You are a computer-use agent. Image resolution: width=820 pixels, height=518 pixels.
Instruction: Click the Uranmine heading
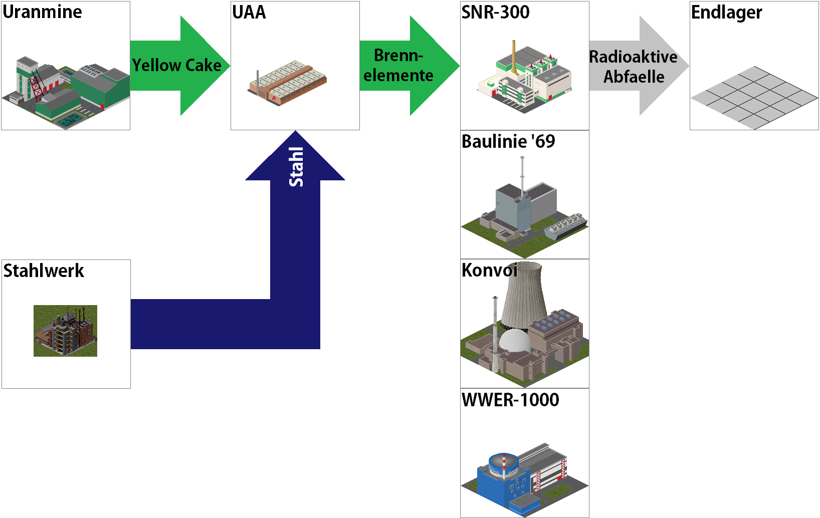tap(43, 12)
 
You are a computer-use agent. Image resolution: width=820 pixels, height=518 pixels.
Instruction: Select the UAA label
tap(249, 12)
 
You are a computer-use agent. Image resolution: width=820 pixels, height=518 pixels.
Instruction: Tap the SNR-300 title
tap(495, 12)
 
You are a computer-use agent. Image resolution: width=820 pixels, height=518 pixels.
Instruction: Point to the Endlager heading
tap(726, 13)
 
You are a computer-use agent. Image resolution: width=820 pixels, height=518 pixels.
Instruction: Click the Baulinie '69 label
tap(508, 141)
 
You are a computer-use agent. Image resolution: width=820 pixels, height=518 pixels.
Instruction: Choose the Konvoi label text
tap(489, 270)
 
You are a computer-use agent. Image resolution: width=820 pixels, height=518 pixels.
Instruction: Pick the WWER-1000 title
tap(510, 400)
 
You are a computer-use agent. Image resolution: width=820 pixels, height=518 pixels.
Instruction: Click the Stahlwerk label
tap(44, 271)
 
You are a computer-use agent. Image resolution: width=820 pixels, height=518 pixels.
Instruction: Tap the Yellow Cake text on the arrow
tap(176, 65)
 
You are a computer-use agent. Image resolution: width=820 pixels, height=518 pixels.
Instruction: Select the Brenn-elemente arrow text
tap(398, 65)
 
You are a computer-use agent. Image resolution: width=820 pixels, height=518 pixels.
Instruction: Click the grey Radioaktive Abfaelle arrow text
tap(633, 66)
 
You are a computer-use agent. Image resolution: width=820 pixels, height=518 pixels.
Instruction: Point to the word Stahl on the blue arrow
tap(296, 167)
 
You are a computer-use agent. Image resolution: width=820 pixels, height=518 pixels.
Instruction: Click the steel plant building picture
tap(65, 331)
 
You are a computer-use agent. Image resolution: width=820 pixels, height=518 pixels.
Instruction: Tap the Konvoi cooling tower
tap(524, 296)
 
